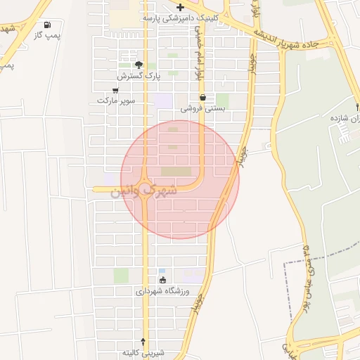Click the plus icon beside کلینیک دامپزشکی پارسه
(181, 6)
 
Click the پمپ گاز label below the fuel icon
(48, 34)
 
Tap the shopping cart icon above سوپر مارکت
(115, 90)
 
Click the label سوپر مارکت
(115, 101)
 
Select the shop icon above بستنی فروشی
(203, 98)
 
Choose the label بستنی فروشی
(203, 108)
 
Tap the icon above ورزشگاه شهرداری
(163, 280)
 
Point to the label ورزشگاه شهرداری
(163, 290)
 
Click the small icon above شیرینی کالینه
(143, 340)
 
